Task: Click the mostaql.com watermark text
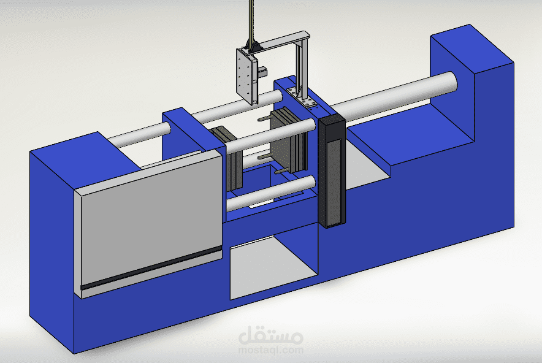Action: click(x=270, y=350)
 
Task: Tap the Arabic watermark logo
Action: click(x=270, y=335)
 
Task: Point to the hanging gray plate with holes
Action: click(x=247, y=76)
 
